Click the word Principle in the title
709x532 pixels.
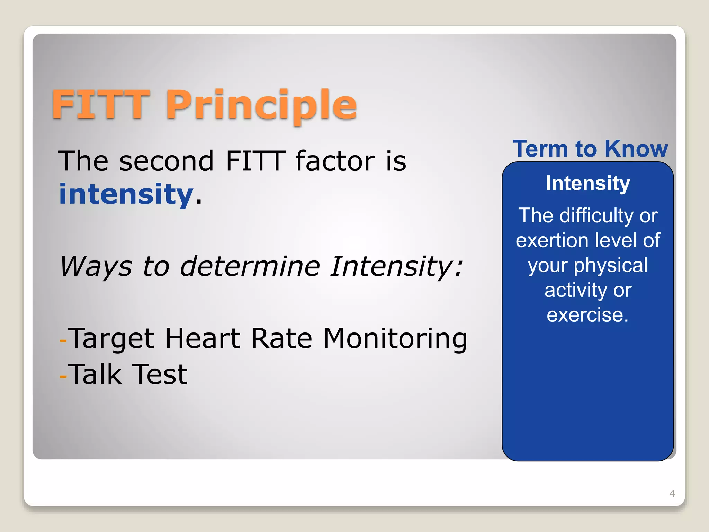261,105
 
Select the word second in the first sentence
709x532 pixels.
166,161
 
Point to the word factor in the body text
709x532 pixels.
335,161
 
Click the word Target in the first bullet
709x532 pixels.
111,339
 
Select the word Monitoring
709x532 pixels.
395,339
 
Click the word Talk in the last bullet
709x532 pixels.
95,374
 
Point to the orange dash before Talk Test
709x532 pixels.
63,376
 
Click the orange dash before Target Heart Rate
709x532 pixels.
63,340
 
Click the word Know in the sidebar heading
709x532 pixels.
636,149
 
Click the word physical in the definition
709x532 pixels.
610,266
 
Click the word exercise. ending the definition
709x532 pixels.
587,315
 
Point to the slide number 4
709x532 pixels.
672,493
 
